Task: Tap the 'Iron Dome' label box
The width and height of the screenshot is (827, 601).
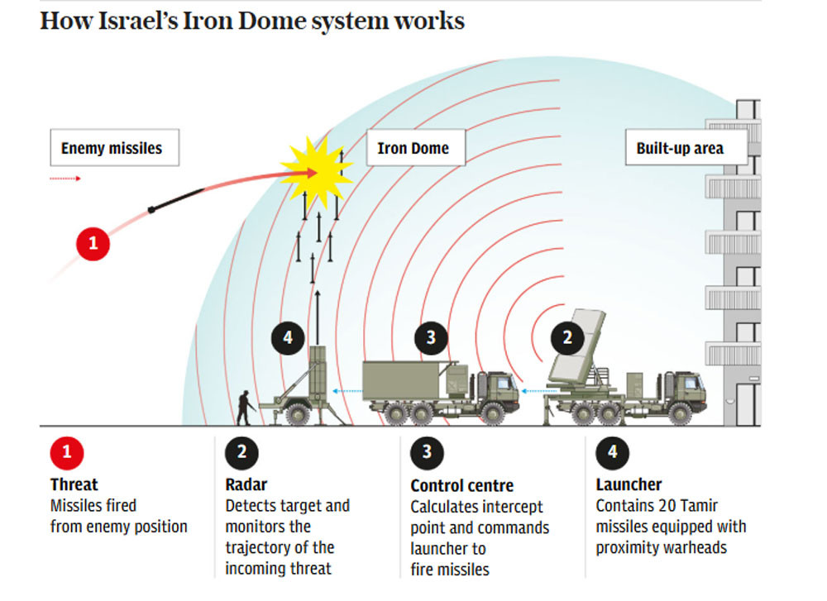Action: pos(413,149)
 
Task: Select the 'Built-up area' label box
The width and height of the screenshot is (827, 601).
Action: pos(680,149)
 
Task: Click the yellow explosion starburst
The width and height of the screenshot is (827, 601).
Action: pos(316,170)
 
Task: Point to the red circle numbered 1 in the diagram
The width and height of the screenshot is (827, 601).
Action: pos(93,244)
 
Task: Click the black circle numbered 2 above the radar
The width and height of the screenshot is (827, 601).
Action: pos(567,337)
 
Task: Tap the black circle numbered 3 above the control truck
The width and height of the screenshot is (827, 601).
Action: pos(431,337)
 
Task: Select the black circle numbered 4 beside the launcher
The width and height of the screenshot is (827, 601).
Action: pos(288,337)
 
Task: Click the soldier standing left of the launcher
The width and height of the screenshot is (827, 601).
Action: pos(246,406)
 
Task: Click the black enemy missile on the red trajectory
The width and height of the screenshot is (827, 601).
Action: pos(175,200)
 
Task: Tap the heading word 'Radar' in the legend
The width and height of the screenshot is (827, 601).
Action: pos(246,484)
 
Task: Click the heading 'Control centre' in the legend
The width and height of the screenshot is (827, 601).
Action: pos(461,485)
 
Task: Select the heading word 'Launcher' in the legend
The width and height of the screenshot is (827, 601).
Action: pos(629,484)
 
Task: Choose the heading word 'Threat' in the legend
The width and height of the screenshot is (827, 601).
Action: pos(74,484)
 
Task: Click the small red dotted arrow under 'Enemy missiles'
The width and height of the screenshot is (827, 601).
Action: pos(65,178)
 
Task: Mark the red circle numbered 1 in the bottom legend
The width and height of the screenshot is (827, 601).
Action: pos(67,452)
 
